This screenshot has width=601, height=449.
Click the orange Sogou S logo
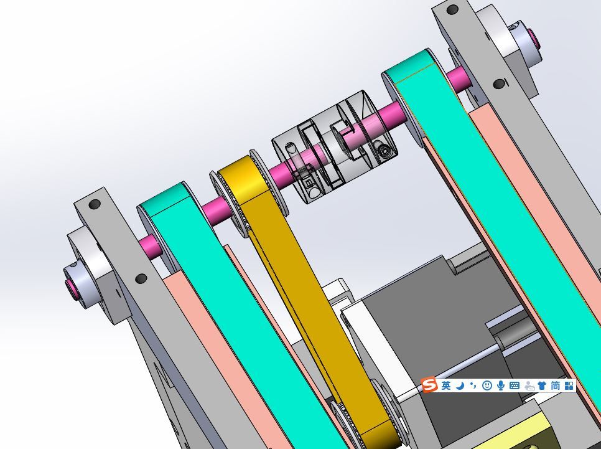(429, 385)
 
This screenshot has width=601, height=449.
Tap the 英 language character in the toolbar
(446, 385)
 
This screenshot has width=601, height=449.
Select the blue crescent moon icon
(460, 385)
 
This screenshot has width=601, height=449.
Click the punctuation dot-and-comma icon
(473, 385)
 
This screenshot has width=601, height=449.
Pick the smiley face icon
(487, 385)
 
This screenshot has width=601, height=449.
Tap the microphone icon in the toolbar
(501, 385)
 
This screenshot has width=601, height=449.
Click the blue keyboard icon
(515, 385)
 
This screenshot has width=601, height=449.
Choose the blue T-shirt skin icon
(542, 385)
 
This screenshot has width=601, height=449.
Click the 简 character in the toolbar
(556, 385)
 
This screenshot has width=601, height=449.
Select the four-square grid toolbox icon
(569, 385)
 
